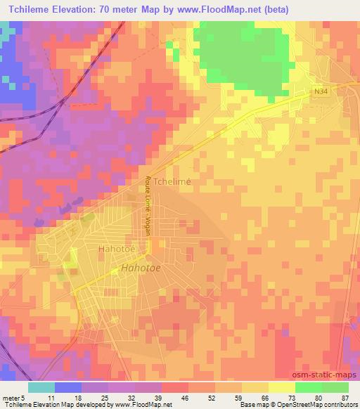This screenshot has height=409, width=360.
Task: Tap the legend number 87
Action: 345,397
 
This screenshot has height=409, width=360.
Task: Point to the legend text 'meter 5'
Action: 13,397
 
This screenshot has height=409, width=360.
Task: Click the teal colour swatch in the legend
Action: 41,387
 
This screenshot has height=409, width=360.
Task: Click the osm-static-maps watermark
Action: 330,375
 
